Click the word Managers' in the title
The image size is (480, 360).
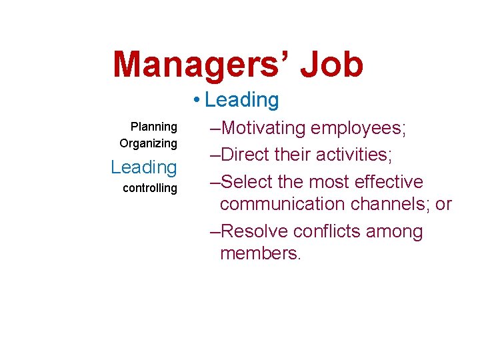tap(199, 64)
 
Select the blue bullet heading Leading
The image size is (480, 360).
tap(242, 100)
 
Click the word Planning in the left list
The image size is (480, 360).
tap(154, 127)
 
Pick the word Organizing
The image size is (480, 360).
tap(148, 143)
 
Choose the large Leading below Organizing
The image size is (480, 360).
tap(144, 167)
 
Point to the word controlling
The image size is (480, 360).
tap(150, 188)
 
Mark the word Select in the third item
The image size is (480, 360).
tap(248, 181)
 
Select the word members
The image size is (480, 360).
tap(260, 253)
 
